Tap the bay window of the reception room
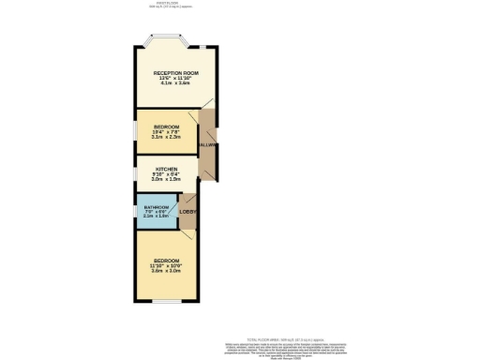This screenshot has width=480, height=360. (165, 40)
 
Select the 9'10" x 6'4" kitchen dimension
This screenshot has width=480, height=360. (166, 174)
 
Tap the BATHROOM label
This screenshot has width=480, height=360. (157, 206)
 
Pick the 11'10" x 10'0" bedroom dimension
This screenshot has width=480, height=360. (166, 265)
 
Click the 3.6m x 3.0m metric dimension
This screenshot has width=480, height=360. (166, 271)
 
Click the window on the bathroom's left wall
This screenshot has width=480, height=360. (136, 211)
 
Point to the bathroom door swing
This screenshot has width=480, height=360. (175, 202)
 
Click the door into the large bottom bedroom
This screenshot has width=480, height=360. (188, 236)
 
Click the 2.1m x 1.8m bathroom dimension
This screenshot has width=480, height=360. (157, 217)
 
